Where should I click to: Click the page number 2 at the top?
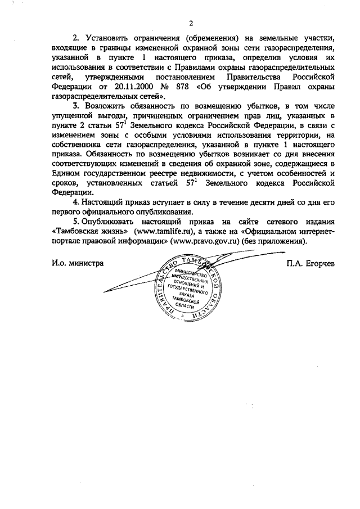191,23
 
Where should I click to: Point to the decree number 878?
179,87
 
